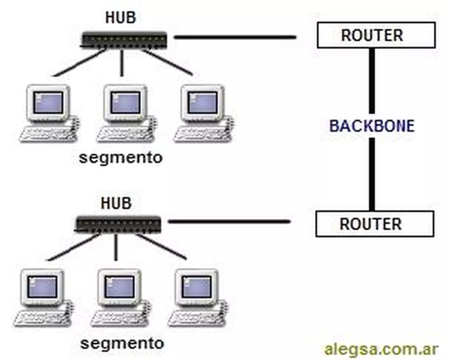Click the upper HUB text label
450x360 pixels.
(x=121, y=17)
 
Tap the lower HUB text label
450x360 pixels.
(x=116, y=203)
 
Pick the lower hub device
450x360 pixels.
(x=118, y=224)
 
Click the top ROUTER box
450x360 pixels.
(x=376, y=35)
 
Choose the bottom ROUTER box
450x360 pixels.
(x=374, y=224)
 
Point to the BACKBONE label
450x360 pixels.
(x=372, y=126)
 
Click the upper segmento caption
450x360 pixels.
(x=121, y=157)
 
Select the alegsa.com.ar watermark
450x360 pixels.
(x=381, y=349)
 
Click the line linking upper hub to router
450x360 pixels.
(x=235, y=37)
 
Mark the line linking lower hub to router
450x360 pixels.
(x=229, y=222)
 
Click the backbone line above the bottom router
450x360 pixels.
(x=372, y=174)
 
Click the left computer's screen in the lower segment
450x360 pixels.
(x=42, y=287)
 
